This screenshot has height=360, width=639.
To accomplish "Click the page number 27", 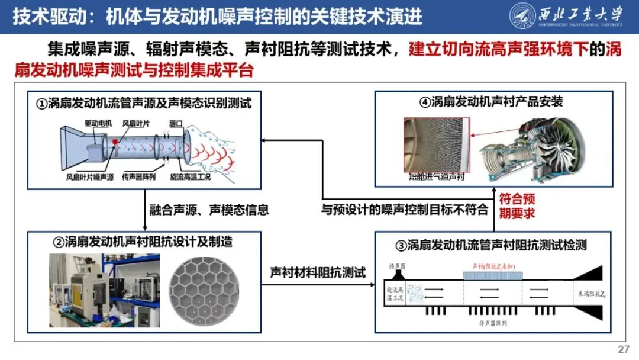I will [x=623, y=349].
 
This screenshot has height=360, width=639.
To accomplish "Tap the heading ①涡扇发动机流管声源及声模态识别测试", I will [x=144, y=104].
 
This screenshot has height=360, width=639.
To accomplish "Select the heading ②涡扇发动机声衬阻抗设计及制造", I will [x=143, y=242].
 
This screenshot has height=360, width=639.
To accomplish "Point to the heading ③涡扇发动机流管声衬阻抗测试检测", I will [x=494, y=245].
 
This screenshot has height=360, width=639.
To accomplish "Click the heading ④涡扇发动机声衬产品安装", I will [x=491, y=102].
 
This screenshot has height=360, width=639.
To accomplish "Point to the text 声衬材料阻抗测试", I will [x=318, y=273].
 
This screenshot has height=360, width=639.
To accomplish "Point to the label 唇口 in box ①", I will [x=176, y=123].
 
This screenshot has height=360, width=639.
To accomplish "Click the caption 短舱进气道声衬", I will [x=435, y=176].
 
